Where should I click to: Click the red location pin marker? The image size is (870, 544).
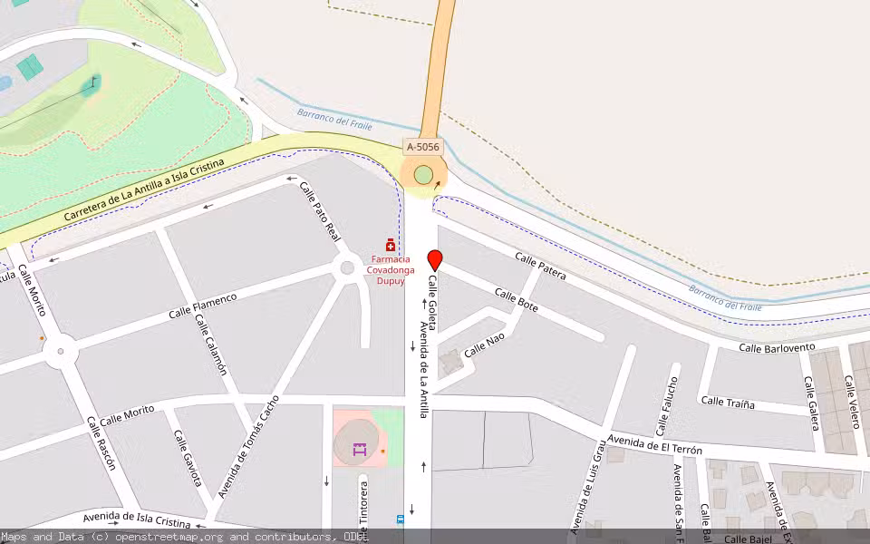434,259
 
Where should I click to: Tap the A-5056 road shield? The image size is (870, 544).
422,146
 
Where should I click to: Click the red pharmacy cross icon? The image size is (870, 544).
391,245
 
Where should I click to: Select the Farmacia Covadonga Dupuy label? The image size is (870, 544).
391,269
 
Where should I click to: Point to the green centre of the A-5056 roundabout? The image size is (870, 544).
423,175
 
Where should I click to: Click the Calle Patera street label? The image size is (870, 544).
540,266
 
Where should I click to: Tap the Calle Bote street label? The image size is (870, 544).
516,300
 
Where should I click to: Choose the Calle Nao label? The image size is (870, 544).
484,345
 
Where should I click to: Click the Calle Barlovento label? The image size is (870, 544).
777,347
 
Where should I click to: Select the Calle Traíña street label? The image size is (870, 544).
728,403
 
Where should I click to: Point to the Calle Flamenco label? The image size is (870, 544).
202,306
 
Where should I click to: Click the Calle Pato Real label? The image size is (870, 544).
320,211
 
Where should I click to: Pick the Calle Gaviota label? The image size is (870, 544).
187,458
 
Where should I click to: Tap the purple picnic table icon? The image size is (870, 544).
360,448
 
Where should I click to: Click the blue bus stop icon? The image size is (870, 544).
400,520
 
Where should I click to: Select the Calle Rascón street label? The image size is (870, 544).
101,443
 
